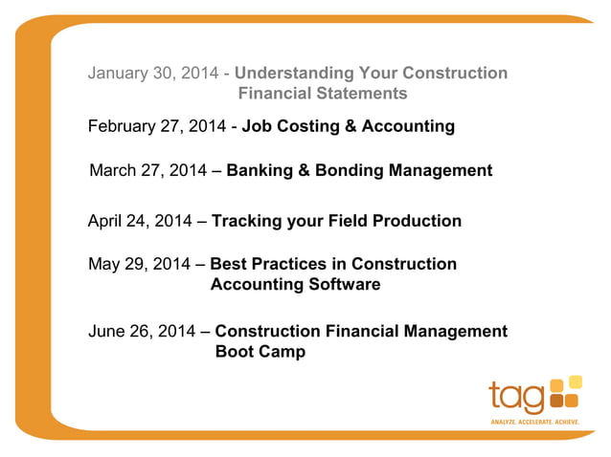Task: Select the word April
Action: click(108, 221)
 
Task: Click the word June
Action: click(110, 332)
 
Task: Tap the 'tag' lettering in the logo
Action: click(517, 396)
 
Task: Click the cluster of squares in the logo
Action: click(565, 392)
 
